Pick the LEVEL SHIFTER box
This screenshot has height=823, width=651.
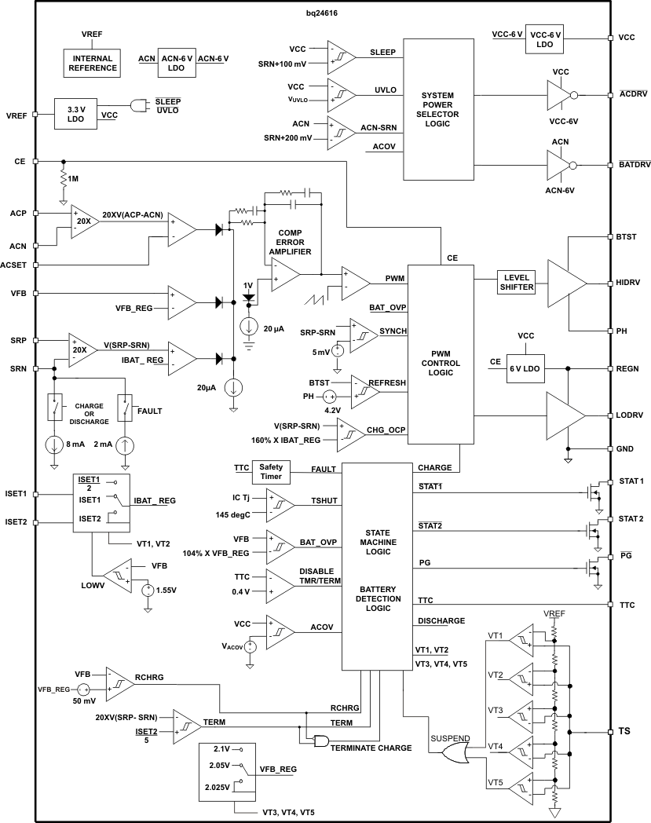click(x=516, y=283)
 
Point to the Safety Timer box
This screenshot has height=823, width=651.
click(x=269, y=472)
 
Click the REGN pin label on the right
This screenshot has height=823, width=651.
click(x=629, y=368)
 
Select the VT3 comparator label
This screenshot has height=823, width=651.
click(x=495, y=710)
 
